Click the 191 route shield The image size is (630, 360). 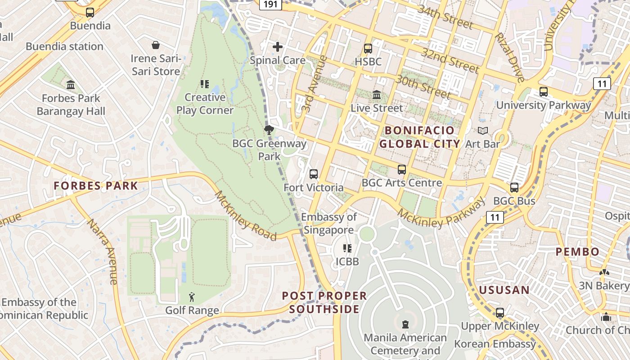point(270,4)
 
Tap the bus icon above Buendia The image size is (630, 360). point(90,13)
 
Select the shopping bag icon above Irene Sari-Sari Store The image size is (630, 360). point(156,45)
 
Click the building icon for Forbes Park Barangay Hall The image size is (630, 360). point(71,85)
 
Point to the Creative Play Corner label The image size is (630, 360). point(205,103)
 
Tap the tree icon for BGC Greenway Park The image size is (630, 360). point(269,130)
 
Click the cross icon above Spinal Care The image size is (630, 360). point(278,46)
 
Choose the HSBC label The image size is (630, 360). point(368,62)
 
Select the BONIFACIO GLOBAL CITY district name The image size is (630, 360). point(419,137)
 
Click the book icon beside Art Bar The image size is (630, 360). point(483,131)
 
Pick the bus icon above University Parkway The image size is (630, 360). point(544,92)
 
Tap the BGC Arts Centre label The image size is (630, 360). point(402,183)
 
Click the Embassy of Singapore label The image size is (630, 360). point(329,224)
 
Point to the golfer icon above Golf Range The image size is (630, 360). point(192,297)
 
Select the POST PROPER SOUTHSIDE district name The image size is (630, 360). point(324,302)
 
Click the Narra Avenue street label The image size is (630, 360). point(102,252)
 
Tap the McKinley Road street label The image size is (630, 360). point(245,216)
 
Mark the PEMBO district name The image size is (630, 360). point(577,252)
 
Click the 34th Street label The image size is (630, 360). point(445,17)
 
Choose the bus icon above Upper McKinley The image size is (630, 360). point(499,313)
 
